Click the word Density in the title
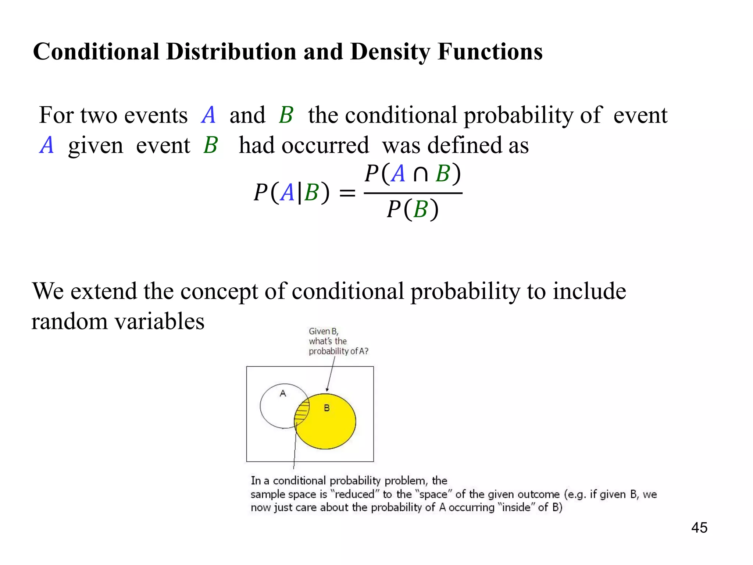point(390,52)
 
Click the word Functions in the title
point(490,52)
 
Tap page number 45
point(699,527)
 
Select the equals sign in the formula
point(347,193)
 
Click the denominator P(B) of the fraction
point(413,210)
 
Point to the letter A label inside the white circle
point(283,393)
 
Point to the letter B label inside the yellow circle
point(326,408)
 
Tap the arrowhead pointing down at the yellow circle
point(327,390)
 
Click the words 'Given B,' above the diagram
point(323,331)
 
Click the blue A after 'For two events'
point(208,115)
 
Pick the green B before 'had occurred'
point(211,145)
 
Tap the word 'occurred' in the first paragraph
point(325,145)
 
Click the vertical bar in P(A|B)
point(299,193)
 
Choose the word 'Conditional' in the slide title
point(96,52)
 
